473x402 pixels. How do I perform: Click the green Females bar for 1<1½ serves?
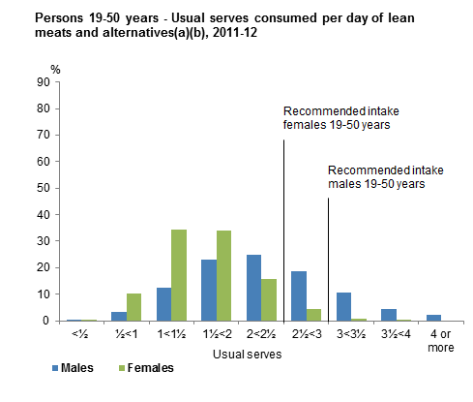(178, 275)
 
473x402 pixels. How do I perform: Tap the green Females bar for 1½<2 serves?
(223, 276)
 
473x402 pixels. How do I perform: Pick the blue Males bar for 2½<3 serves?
(298, 296)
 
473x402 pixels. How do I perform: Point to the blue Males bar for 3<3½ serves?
(343, 307)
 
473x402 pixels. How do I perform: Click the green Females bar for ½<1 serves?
(133, 307)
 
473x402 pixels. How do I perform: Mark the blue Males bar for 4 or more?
(433, 318)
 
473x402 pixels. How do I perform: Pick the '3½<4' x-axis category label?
(396, 335)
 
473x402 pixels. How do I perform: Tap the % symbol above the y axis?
(55, 70)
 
